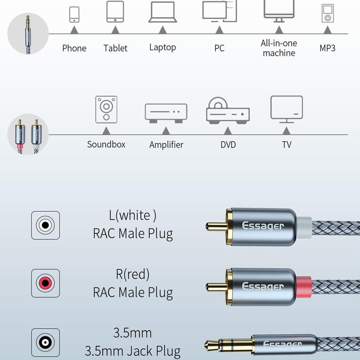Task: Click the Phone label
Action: tap(74, 48)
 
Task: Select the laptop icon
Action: tap(162, 12)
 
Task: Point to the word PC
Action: tap(219, 48)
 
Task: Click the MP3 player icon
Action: tap(328, 14)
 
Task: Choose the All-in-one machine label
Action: tap(279, 48)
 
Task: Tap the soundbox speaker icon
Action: tap(106, 109)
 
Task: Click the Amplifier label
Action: tap(166, 145)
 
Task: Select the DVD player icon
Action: tap(228, 111)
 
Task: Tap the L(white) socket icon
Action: tap(46, 225)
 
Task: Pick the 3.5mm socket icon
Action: tap(46, 342)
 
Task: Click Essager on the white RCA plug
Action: tap(263, 226)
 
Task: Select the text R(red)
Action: tap(133, 274)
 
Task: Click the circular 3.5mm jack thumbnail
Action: tap(28, 33)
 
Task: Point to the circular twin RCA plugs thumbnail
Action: tap(28, 134)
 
